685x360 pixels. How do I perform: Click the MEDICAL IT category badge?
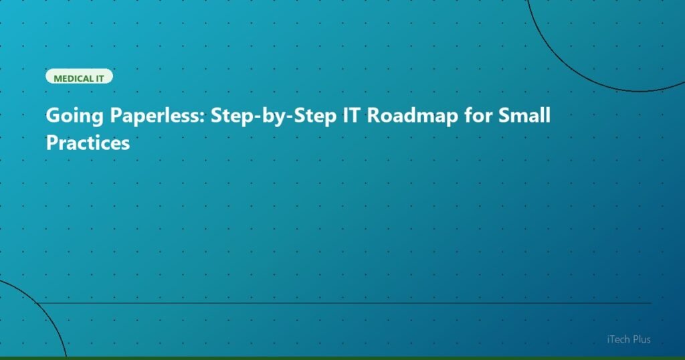click(79, 77)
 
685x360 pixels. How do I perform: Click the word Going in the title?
click(70, 116)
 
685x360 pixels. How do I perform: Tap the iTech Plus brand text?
click(625, 340)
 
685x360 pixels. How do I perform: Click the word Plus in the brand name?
click(641, 340)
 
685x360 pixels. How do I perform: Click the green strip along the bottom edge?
click(342, 358)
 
